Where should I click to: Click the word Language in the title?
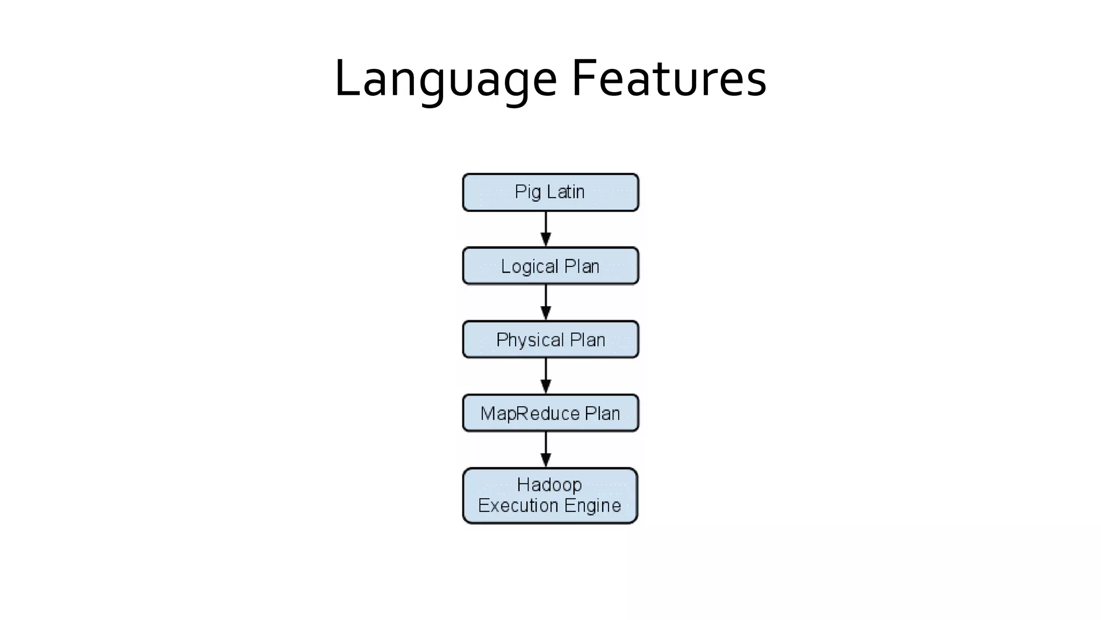(x=445, y=80)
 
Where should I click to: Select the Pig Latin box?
(x=550, y=192)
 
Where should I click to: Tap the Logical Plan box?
(x=550, y=266)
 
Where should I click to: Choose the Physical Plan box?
(x=550, y=340)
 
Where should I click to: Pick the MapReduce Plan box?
(x=550, y=413)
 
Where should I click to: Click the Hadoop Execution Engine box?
(x=550, y=495)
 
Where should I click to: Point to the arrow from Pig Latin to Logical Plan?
(x=546, y=229)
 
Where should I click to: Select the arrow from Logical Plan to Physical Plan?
(x=546, y=303)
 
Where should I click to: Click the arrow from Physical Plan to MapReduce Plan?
(x=546, y=376)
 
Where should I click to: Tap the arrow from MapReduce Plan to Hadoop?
(x=546, y=450)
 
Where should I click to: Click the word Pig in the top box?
(x=527, y=192)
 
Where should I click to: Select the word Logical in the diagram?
(x=530, y=266)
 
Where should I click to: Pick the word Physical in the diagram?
(x=530, y=340)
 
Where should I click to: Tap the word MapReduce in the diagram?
(x=530, y=413)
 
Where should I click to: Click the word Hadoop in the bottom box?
(x=549, y=485)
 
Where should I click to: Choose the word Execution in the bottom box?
(x=518, y=505)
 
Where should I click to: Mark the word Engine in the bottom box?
(x=592, y=506)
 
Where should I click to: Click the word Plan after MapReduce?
(x=602, y=413)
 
